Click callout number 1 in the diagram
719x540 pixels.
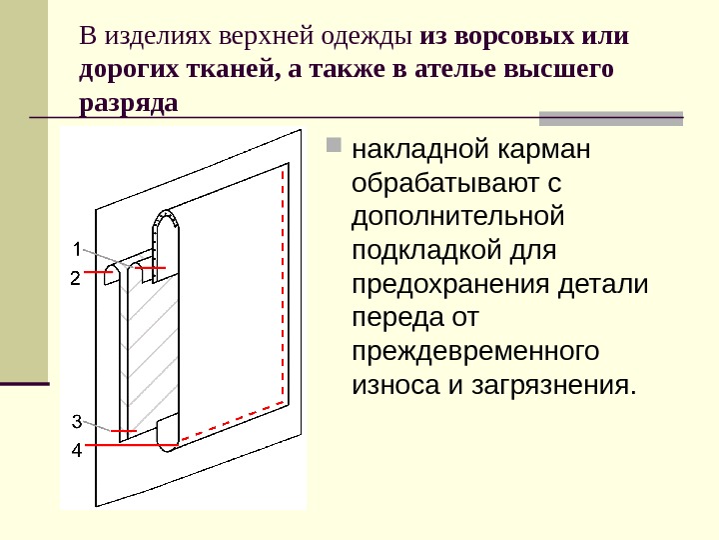tap(75, 247)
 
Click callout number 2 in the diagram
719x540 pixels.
tap(75, 278)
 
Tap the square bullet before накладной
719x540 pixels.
tap(334, 153)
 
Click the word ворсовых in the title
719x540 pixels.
tap(499, 37)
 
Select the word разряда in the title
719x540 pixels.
tap(127, 103)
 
